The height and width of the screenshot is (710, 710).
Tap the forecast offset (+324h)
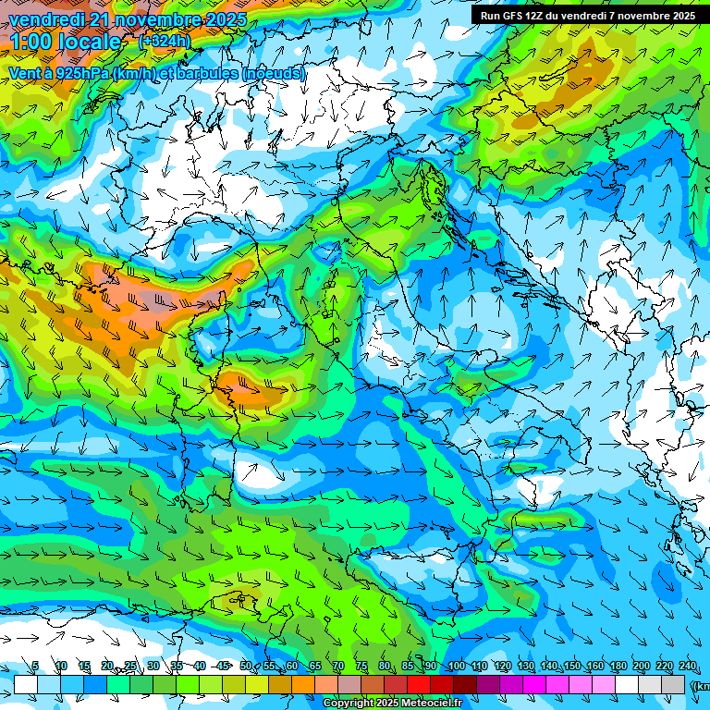point(164,42)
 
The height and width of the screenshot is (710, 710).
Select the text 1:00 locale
point(65,42)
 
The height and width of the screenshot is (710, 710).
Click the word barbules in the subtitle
point(210,73)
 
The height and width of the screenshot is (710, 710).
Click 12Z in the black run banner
point(534,16)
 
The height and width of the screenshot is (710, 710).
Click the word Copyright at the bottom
point(350,704)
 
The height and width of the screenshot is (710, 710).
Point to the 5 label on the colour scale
point(35,667)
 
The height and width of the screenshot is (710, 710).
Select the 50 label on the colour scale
point(246,667)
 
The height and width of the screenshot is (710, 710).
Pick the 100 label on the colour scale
point(456,667)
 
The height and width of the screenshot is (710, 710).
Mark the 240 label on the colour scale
point(688,667)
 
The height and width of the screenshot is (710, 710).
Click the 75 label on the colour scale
point(361,667)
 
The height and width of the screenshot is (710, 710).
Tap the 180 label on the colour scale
point(618,667)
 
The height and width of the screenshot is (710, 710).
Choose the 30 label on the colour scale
point(153,667)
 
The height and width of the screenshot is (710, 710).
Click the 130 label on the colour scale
point(525,667)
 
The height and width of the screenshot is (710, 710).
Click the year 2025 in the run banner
point(680,16)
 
